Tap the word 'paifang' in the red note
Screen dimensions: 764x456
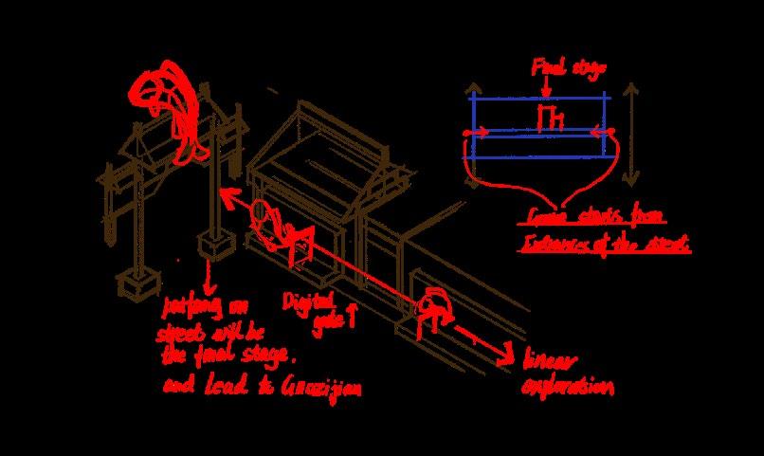click(190, 306)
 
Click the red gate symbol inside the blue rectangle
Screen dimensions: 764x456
click(547, 118)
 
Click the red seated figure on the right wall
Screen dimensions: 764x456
click(434, 305)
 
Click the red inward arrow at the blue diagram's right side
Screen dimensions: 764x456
click(599, 132)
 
